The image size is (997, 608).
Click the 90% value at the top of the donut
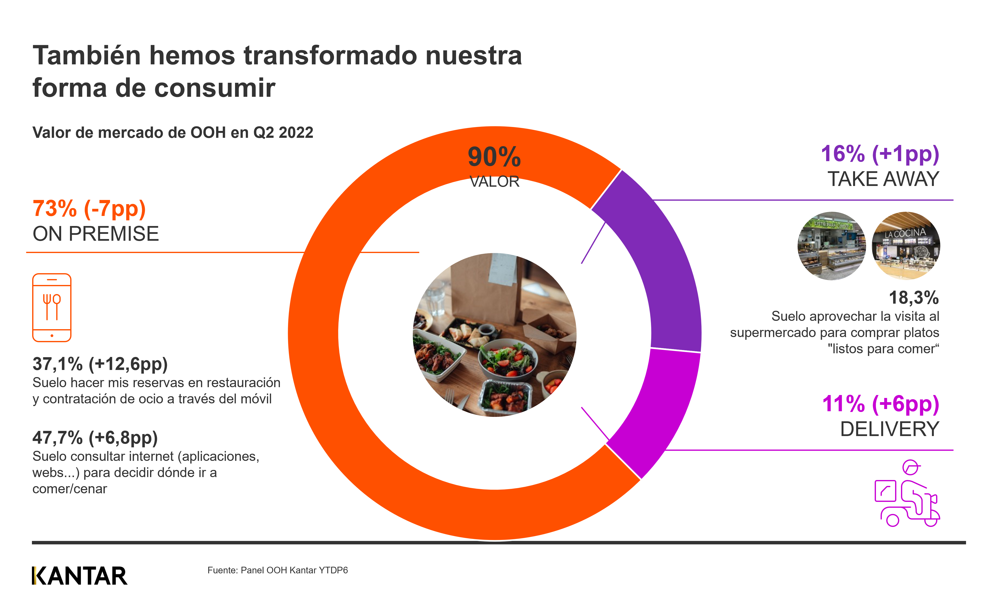click(494, 157)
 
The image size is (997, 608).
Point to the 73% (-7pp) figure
click(89, 209)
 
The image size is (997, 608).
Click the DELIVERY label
click(889, 429)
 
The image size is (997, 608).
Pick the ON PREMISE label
click(96, 234)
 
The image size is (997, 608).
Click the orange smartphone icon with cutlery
click(52, 308)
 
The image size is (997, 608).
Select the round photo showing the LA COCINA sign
click(906, 246)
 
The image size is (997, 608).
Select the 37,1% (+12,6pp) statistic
click(100, 364)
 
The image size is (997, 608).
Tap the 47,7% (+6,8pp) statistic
click(95, 438)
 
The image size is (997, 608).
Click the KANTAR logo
click(80, 576)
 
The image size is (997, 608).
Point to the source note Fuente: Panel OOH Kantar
click(277, 570)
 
